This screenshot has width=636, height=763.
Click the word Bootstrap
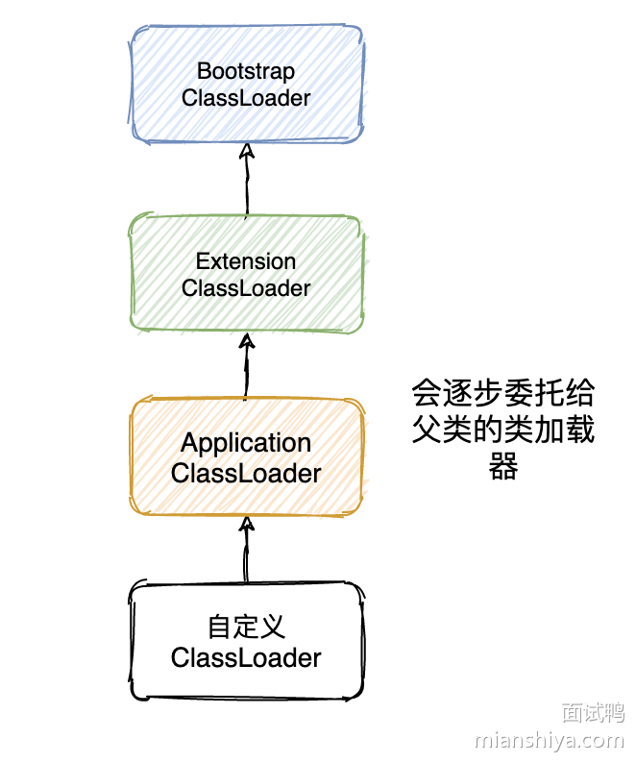(246, 71)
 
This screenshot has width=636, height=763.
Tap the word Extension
(246, 261)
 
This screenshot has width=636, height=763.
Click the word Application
(246, 443)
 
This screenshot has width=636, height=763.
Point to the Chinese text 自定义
(246, 628)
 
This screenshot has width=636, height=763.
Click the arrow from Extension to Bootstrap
(246, 183)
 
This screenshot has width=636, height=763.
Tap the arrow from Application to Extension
(246, 370)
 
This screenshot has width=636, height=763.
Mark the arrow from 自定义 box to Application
(246, 553)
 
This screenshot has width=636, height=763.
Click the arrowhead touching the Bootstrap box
(246, 151)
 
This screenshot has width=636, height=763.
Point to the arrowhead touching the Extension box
(246, 340)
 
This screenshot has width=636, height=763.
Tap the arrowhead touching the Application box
(246, 524)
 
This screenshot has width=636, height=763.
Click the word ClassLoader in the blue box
(246, 98)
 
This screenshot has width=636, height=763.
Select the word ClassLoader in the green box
(246, 288)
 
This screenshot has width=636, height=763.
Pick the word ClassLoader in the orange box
(246, 473)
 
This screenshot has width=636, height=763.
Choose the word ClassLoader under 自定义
(246, 658)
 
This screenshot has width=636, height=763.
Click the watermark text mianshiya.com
(550, 741)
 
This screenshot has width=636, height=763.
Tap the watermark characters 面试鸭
(593, 712)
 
